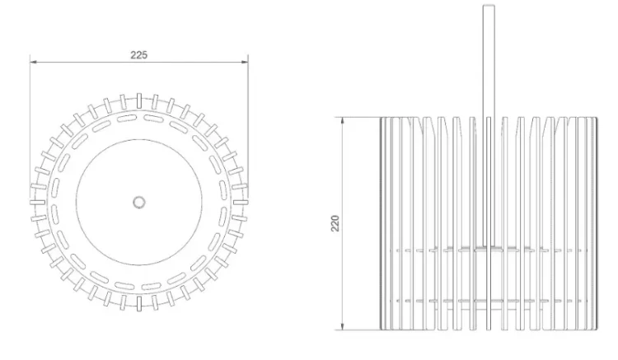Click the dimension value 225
[x=138, y=55]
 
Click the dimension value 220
[x=335, y=223]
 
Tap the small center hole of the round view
[x=138, y=203]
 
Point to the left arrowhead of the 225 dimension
[x=34, y=62]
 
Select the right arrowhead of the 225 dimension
[x=245, y=62]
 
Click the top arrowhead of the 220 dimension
[x=342, y=121]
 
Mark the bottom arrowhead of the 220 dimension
[x=342, y=326]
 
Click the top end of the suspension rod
[x=489, y=6]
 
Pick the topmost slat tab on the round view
[x=139, y=101]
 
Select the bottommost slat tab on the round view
[x=139, y=304]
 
